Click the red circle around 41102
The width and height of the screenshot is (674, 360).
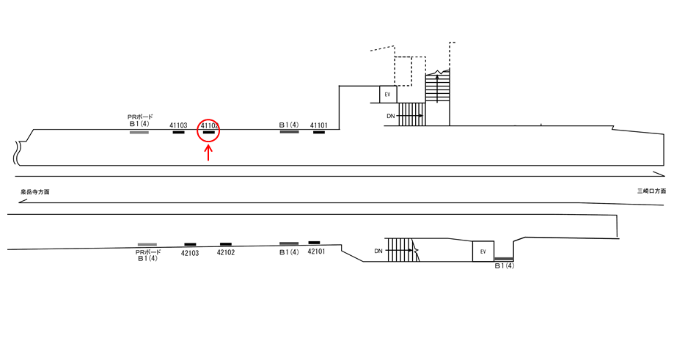(208, 120)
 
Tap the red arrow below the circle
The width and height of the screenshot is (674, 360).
(208, 153)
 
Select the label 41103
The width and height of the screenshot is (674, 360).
(178, 125)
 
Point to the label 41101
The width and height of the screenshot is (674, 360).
(319, 125)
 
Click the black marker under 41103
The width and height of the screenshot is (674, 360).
(178, 132)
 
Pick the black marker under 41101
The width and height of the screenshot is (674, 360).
(319, 132)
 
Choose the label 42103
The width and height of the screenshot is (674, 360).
(190, 254)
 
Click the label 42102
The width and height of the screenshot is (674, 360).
(226, 253)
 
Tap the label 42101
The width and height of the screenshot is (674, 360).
(316, 251)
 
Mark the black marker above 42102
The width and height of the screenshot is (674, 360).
(226, 244)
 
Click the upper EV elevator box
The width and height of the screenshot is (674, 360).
(388, 94)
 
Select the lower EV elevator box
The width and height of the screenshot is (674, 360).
(483, 251)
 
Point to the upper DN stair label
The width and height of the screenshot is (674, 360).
(391, 116)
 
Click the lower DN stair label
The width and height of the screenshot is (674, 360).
(378, 251)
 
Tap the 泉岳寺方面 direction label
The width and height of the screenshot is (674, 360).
(34, 192)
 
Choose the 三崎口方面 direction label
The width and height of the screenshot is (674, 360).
(652, 191)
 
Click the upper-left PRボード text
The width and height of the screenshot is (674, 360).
(140, 117)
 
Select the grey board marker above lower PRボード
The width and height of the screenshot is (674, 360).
(147, 244)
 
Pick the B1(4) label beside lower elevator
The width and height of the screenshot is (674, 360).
(504, 266)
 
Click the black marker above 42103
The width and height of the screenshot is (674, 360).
(191, 244)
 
